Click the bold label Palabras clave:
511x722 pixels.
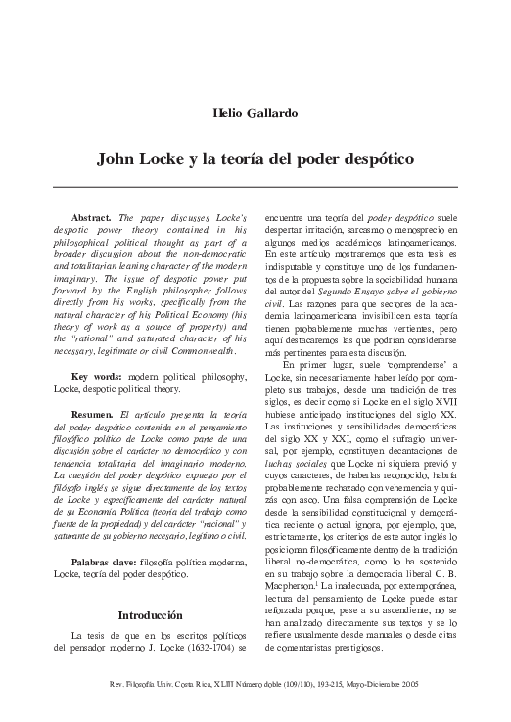[x=109, y=563]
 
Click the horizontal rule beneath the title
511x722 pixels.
[x=255, y=186]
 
